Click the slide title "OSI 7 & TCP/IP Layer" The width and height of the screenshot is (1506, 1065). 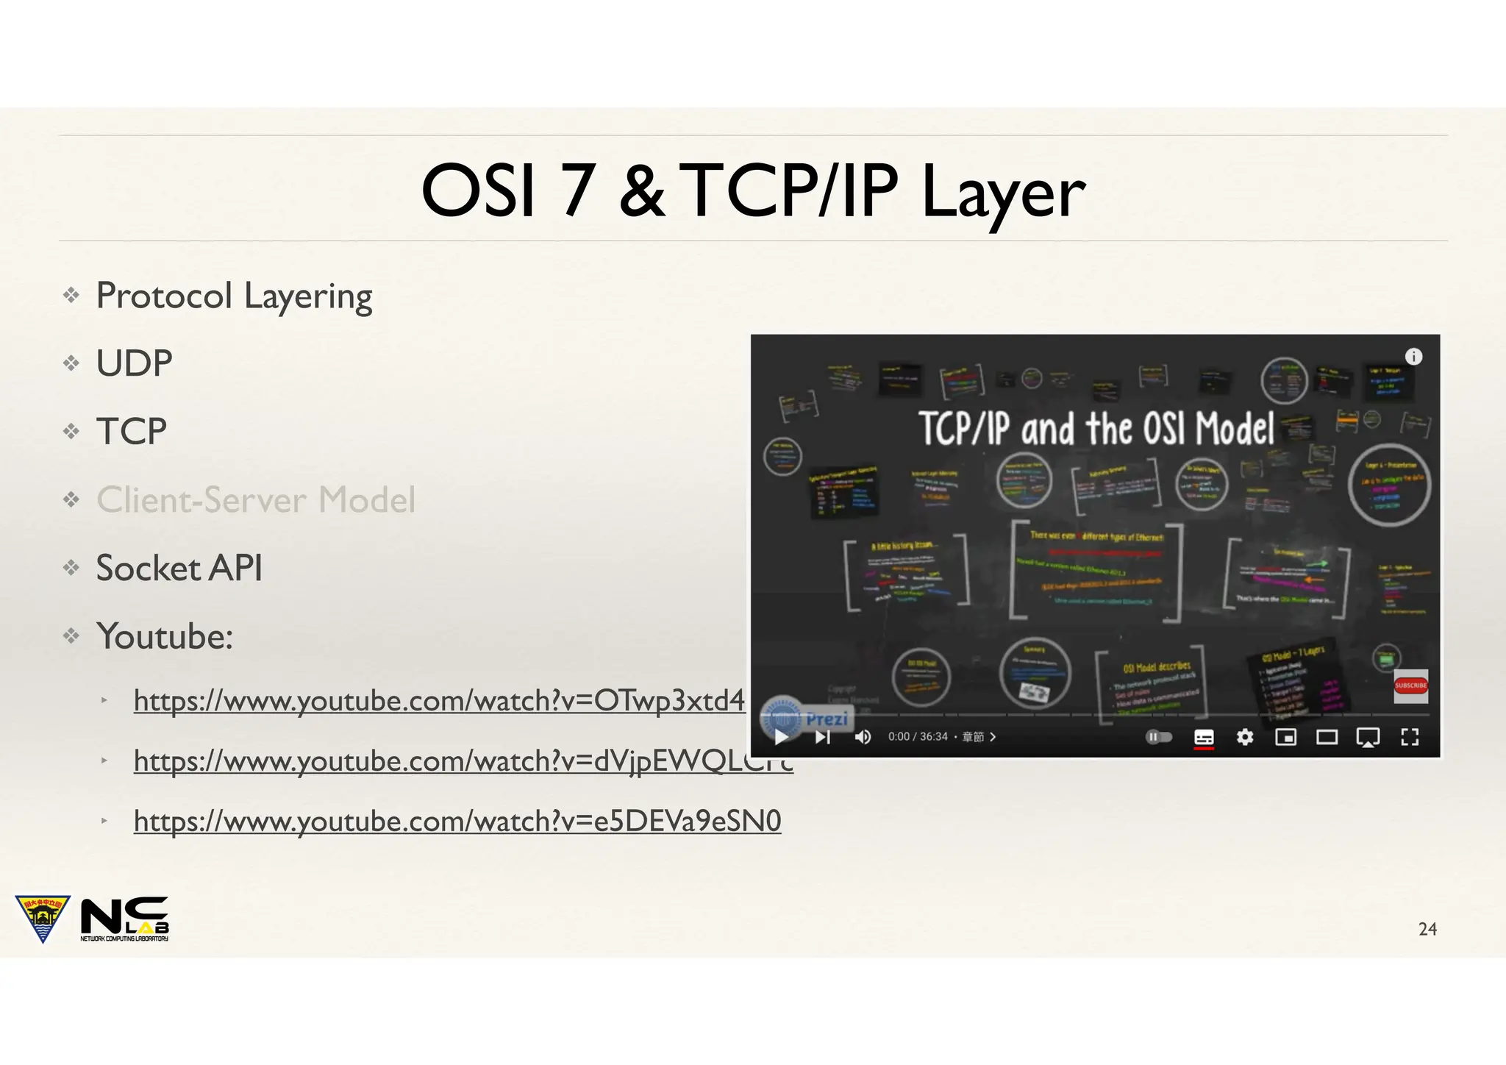tap(752, 190)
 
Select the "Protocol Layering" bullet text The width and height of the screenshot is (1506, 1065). tap(234, 296)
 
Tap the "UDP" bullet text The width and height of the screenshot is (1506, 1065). tap(134, 363)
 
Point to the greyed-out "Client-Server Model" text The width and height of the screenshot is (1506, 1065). tap(256, 500)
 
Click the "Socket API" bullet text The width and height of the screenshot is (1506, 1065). tap(179, 568)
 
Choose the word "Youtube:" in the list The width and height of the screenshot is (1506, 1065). tap(164, 636)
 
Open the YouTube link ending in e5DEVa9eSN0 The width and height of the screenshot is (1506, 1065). tap(457, 821)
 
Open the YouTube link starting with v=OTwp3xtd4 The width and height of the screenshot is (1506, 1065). tap(439, 701)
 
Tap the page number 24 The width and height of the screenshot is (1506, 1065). tap(1427, 929)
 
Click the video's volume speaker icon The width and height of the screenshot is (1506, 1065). tap(863, 737)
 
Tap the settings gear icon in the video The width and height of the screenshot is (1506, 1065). tap(1244, 737)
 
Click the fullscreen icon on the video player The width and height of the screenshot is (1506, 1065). tap(1410, 737)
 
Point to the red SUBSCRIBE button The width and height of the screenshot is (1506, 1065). tap(1410, 685)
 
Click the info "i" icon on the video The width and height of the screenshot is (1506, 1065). tap(1413, 357)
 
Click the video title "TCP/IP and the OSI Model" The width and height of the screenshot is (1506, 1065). tap(1096, 429)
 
